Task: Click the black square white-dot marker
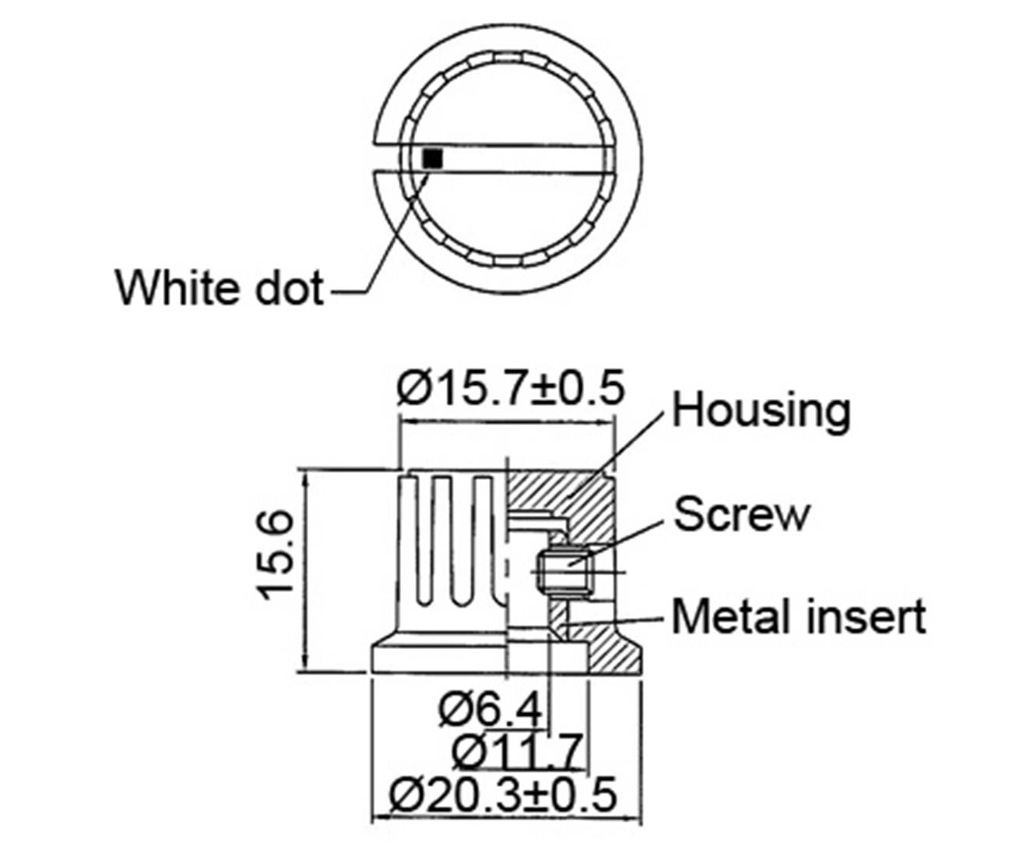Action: click(432, 158)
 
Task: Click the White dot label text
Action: click(219, 287)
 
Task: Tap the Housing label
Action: click(761, 410)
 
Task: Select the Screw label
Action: click(741, 514)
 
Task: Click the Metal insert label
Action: click(799, 616)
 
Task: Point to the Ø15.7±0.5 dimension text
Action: click(510, 387)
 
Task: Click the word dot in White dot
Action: click(289, 287)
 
